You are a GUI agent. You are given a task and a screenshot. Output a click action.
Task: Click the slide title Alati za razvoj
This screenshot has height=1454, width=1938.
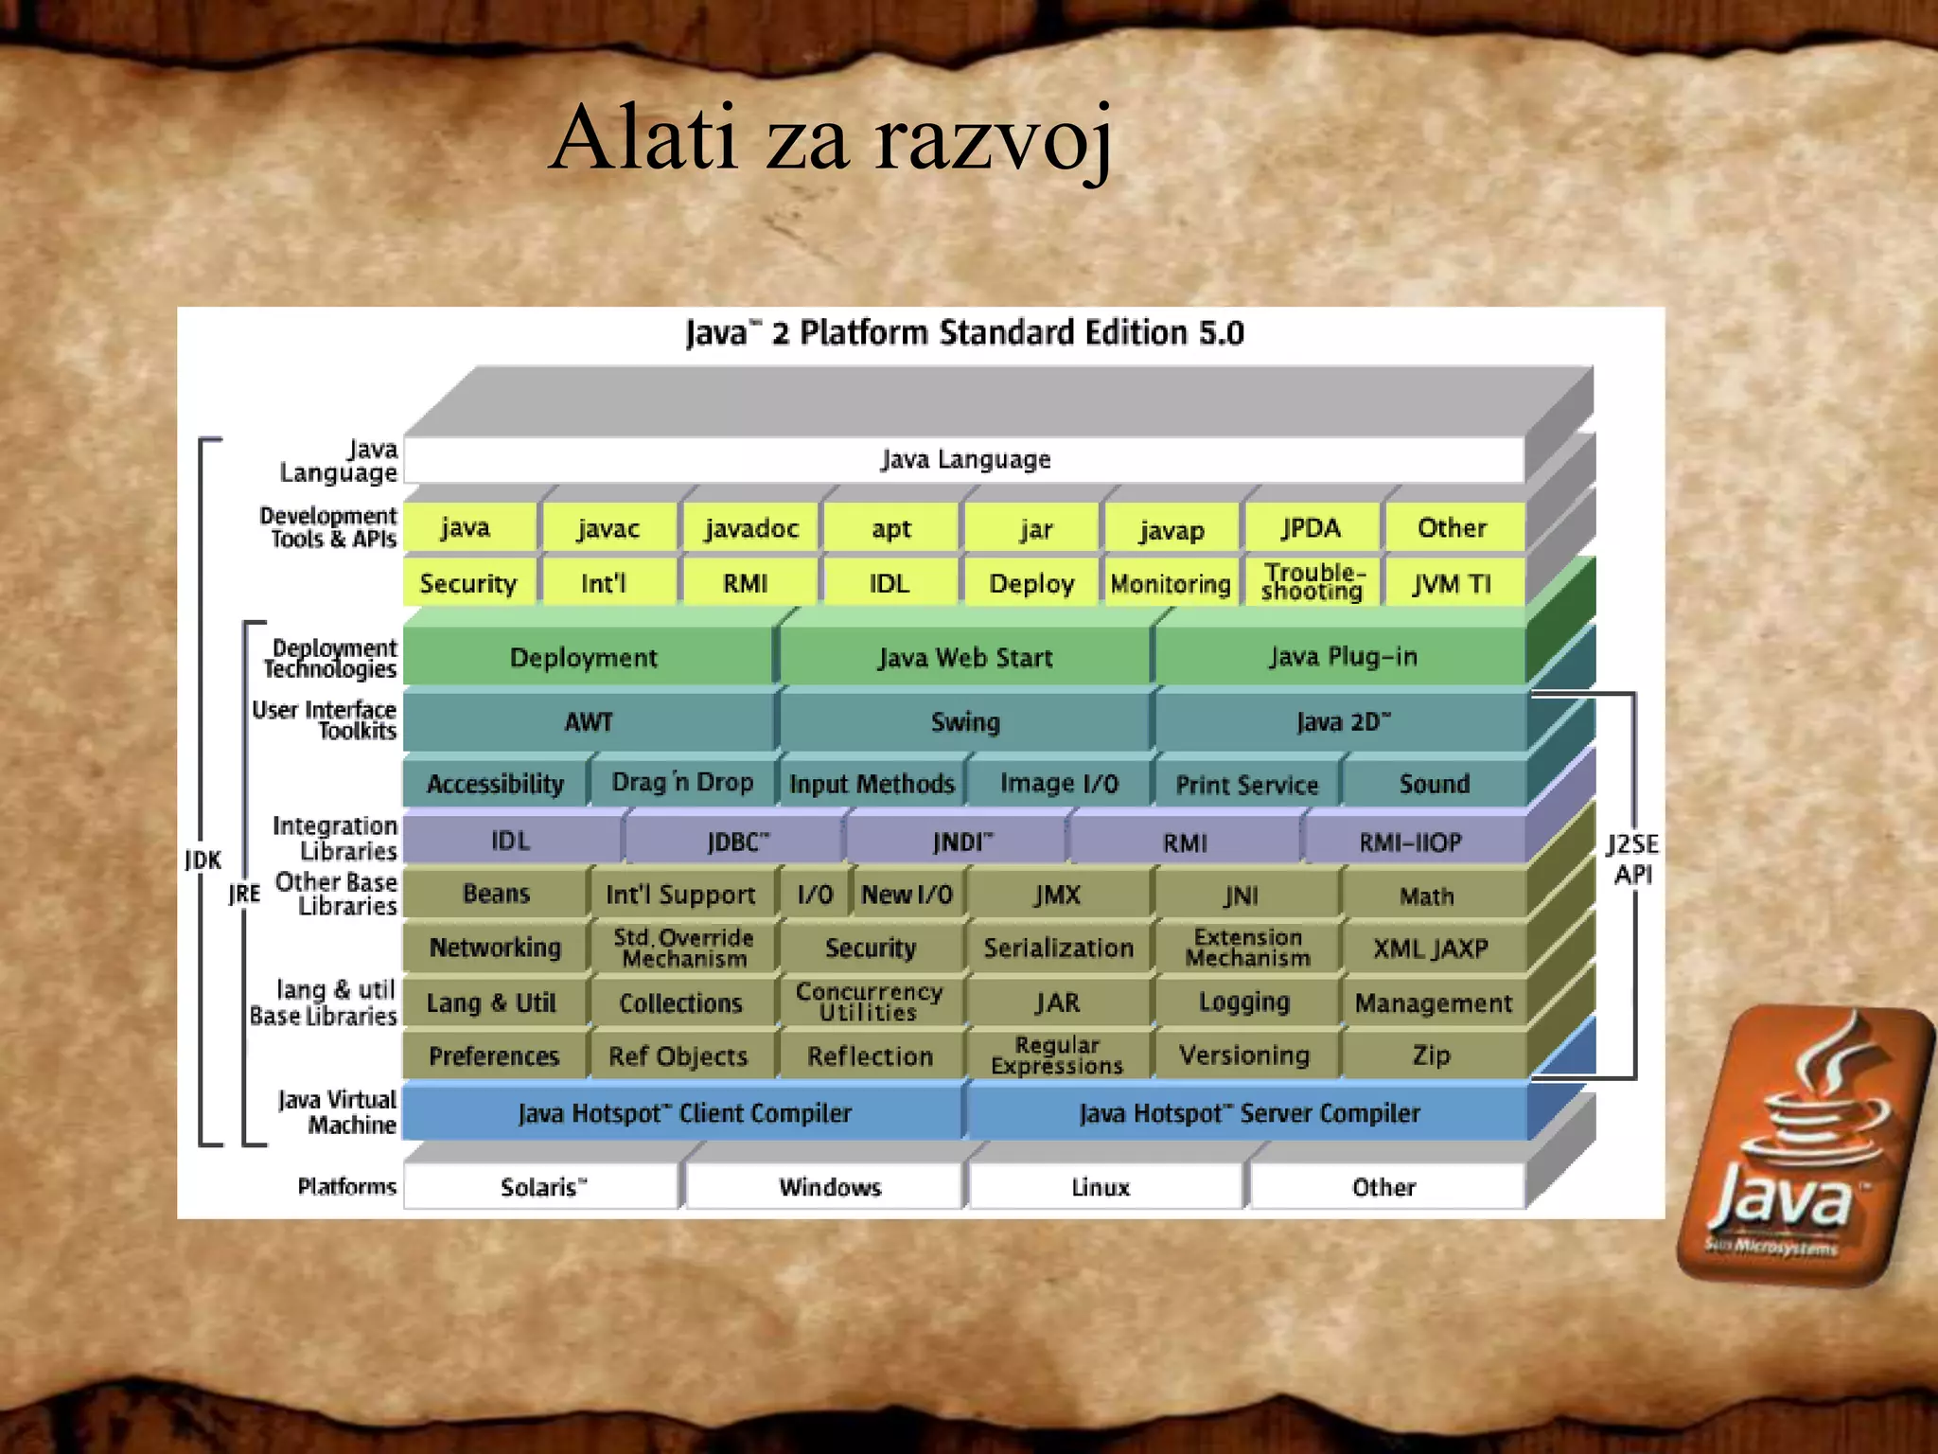pos(831,140)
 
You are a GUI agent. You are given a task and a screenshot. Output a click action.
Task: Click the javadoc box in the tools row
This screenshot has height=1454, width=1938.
pos(751,528)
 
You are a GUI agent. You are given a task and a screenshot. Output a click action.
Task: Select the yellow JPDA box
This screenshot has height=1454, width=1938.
pos(1311,528)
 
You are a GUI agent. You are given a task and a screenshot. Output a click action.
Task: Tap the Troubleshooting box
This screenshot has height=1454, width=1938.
pos(1312,582)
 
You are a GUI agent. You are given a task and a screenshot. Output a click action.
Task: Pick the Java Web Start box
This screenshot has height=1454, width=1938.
pos(964,657)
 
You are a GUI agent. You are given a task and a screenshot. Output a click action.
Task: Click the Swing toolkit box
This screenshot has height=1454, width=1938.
pos(964,722)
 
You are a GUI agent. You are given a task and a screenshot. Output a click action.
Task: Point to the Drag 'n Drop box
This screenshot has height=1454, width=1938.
pos(682,783)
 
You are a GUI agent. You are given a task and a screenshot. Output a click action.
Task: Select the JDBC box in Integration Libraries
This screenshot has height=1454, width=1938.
pos(737,842)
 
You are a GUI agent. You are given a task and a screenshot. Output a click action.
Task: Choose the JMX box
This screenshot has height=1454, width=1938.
pos(1057,895)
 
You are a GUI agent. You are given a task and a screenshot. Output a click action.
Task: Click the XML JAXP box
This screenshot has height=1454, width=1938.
pos(1430,948)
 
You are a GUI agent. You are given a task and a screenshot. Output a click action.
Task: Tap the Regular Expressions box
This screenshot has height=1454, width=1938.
pos(1057,1055)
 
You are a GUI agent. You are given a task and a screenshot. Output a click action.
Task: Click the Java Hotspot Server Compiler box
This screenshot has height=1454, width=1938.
pos(1248,1113)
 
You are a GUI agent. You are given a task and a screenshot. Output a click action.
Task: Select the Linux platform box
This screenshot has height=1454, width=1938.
pos(1101,1187)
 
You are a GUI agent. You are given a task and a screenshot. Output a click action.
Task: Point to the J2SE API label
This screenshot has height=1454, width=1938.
pos(1632,859)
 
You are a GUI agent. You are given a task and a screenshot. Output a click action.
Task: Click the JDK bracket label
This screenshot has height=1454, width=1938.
pos(203,860)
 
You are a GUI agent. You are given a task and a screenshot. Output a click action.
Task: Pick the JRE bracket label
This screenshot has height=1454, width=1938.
pos(244,894)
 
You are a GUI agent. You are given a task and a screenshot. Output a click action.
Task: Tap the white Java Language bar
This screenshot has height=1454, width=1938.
pos(964,460)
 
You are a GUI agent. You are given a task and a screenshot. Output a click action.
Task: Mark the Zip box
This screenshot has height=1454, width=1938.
pos(1430,1055)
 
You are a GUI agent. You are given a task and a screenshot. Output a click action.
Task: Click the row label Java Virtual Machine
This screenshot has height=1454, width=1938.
pos(338,1112)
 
